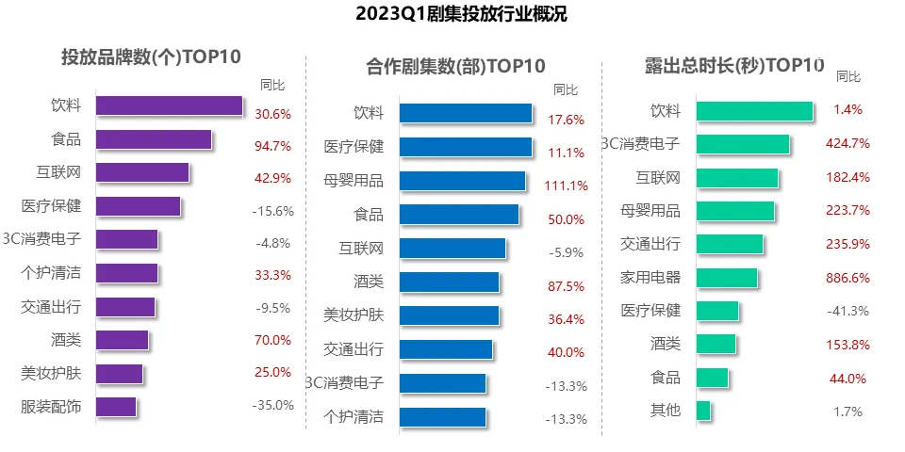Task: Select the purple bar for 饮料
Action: tap(169, 105)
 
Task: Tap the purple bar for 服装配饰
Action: tap(116, 407)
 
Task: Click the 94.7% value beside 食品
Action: tap(273, 146)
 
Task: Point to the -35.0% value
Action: tap(273, 406)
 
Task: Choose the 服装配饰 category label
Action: tap(51, 407)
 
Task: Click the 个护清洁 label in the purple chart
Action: tap(51, 273)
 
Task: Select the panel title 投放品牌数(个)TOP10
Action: tap(151, 56)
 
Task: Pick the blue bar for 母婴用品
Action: tap(462, 180)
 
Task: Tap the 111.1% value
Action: tap(567, 186)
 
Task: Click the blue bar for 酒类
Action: tap(449, 282)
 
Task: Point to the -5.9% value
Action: tap(567, 252)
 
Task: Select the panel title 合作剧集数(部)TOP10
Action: tap(455, 67)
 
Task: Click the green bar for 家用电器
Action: tap(726, 277)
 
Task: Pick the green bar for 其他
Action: tap(702, 411)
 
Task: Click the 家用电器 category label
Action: tap(650, 277)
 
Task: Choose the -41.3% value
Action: tap(848, 311)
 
